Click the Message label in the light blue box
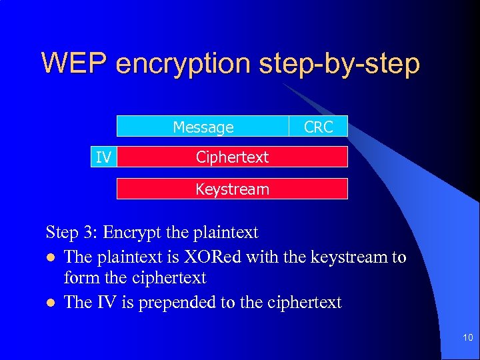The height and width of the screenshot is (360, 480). (203, 127)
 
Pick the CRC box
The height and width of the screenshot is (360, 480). (318, 127)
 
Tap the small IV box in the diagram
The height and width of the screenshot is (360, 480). (103, 157)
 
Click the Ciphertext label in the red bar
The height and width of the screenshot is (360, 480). (232, 157)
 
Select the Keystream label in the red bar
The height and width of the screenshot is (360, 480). (232, 189)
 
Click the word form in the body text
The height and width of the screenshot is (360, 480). (79, 278)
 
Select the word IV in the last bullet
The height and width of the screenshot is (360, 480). (106, 302)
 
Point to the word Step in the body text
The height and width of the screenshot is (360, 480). (61, 233)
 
